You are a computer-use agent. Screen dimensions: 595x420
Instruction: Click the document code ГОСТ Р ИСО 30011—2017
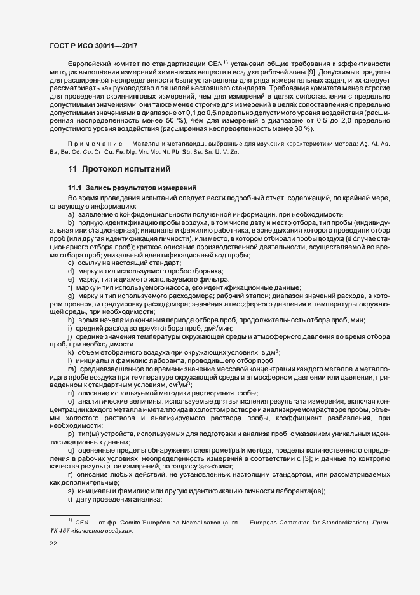coord(93,46)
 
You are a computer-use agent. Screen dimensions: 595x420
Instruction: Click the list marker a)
coord(71,214)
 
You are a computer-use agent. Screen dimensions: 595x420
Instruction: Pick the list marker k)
coord(71,352)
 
